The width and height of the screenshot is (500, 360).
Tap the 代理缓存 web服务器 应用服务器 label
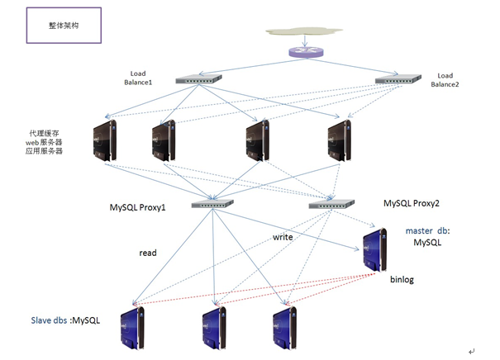coord(46,142)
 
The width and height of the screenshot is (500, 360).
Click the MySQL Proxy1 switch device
coord(212,204)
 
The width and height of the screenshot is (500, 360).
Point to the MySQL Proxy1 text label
coord(137,207)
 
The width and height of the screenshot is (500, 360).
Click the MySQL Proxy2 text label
coord(416,202)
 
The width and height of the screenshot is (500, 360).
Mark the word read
coord(148,253)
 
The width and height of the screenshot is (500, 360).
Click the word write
coord(283,238)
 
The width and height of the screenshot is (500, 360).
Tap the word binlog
coord(402,280)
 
